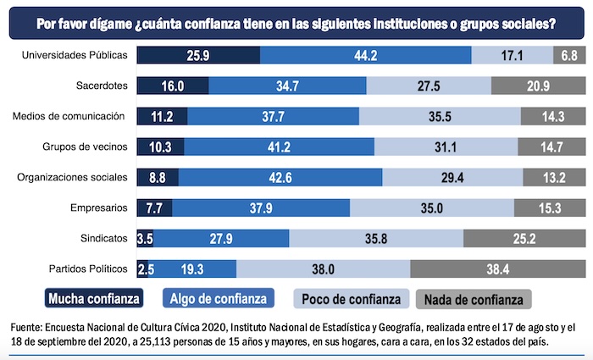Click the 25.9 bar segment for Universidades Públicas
click(x=198, y=55)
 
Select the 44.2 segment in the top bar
click(x=365, y=55)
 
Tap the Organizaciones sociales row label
click(x=73, y=177)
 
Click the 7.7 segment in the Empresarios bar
click(x=154, y=208)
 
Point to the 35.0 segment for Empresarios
click(x=432, y=208)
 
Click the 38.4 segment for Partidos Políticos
click(x=496, y=269)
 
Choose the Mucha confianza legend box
click(x=93, y=299)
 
